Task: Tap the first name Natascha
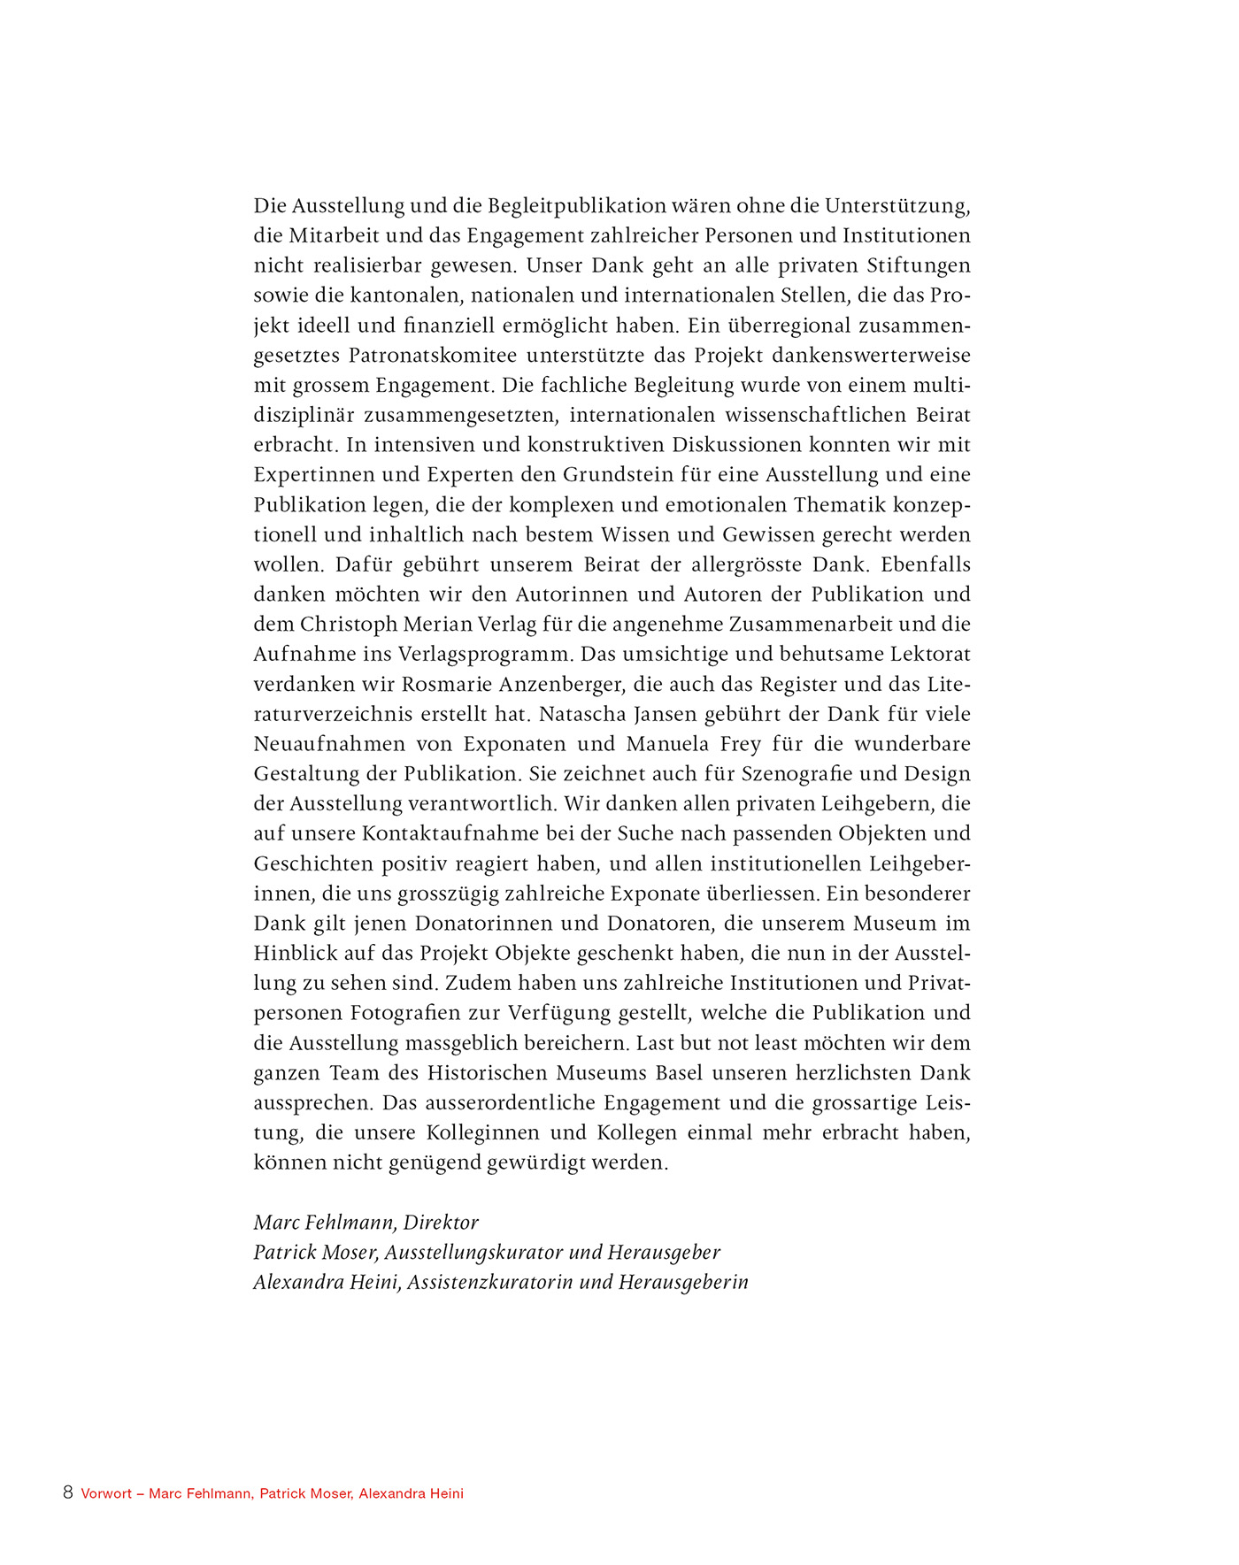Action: pos(579,714)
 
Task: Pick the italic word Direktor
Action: pos(441,1223)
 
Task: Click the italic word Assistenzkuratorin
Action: pos(490,1282)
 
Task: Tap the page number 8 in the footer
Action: pos(68,1492)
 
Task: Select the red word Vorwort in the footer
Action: pos(106,1493)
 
